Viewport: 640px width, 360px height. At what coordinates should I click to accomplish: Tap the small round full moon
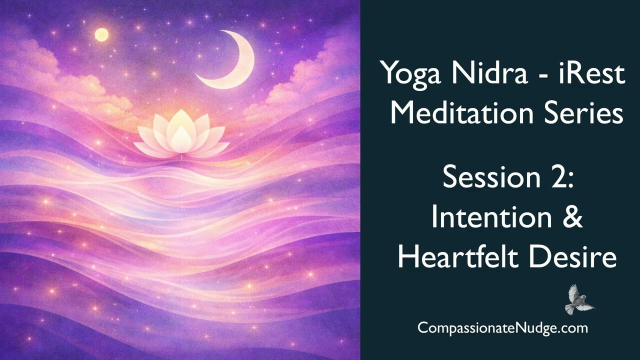101,34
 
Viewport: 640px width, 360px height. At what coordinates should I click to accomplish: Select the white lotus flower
181,134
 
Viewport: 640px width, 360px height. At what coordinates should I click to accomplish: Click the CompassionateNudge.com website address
502,328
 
